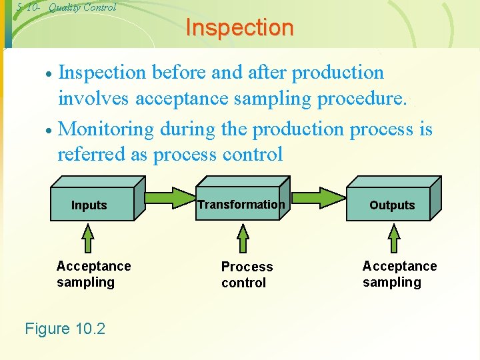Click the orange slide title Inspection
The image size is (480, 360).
click(x=239, y=28)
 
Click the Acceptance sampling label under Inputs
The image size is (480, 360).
click(x=93, y=274)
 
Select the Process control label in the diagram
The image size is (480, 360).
click(x=247, y=275)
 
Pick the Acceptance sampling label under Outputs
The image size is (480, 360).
click(x=399, y=274)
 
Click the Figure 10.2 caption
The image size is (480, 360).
click(x=65, y=328)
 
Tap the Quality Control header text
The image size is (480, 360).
click(x=82, y=7)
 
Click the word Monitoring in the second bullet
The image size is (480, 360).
click(x=107, y=129)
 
